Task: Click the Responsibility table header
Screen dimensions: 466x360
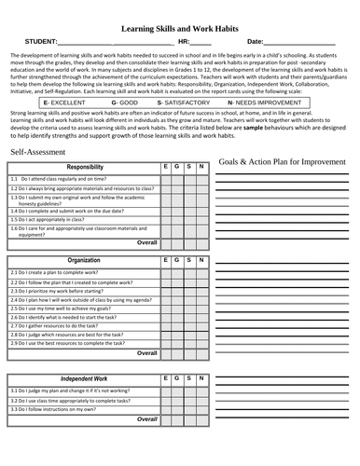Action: [x=86, y=167]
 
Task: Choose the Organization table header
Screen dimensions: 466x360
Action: [x=86, y=261]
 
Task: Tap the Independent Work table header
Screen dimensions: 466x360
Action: [x=86, y=380]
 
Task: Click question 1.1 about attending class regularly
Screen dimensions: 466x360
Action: [x=70, y=178]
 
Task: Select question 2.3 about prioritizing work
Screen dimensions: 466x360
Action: [x=65, y=292]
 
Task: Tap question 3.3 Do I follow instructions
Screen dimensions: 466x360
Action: [x=60, y=409]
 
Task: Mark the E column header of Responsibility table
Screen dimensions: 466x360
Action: [x=165, y=167]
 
